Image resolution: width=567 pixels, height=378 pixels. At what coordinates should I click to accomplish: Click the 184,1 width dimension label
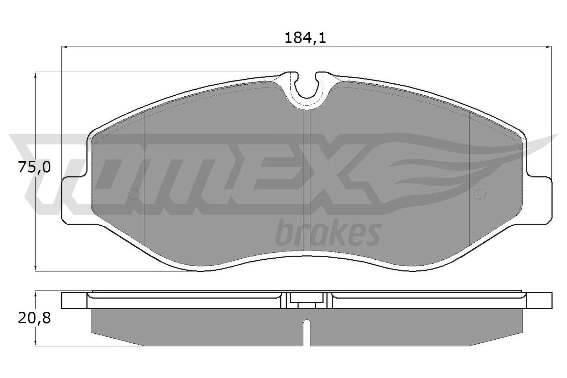(x=305, y=38)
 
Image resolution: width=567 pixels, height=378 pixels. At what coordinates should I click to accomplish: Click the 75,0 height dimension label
(x=34, y=167)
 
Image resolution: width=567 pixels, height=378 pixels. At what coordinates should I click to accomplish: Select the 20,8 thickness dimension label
(x=34, y=318)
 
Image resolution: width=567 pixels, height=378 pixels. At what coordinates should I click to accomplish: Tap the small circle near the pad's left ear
(x=133, y=194)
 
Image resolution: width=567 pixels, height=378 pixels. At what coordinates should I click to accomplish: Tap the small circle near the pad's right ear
(x=479, y=194)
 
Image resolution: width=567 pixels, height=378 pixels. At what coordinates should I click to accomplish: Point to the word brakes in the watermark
(x=328, y=234)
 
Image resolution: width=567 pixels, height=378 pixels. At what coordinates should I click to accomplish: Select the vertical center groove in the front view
(x=307, y=177)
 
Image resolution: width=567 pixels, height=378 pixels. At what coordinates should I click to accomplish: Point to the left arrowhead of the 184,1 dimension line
(x=65, y=46)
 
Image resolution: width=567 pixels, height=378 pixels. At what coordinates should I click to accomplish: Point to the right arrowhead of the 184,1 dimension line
(x=550, y=46)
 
